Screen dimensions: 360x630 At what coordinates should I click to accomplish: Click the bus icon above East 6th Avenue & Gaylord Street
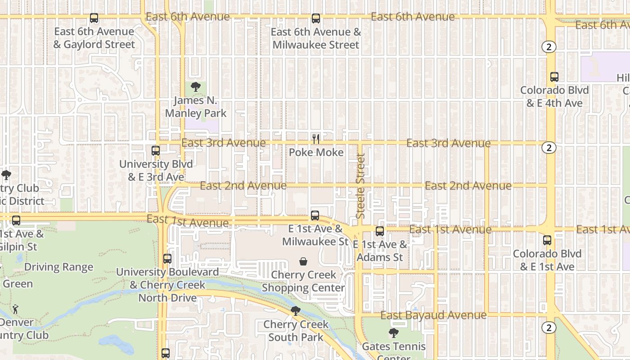(94, 18)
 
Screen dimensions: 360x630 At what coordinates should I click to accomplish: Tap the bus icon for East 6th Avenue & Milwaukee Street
(316, 18)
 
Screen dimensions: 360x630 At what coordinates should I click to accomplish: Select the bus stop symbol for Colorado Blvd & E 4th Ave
(554, 77)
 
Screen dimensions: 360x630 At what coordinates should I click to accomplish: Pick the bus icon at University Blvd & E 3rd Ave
(156, 151)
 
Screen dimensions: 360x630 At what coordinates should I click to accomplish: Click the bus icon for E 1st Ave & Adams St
(380, 231)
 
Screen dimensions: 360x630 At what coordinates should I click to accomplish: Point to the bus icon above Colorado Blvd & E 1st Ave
(547, 240)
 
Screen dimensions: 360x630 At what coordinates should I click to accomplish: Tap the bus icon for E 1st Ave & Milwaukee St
(315, 216)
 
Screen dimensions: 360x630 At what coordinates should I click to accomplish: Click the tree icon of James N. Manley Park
(195, 87)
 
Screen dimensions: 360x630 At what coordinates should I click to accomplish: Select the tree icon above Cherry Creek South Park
(296, 310)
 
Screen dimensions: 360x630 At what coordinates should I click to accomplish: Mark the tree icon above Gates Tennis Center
(394, 333)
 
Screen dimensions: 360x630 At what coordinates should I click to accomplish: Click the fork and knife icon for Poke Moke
(316, 139)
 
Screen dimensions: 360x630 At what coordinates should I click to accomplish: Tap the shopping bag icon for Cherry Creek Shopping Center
(304, 261)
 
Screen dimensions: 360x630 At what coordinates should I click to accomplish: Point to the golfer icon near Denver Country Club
(16, 309)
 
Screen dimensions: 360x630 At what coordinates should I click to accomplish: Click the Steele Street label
(360, 186)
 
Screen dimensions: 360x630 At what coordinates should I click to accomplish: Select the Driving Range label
(58, 267)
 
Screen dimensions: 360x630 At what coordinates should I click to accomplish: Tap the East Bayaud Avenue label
(433, 315)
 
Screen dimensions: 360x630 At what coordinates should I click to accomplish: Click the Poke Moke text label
(316, 153)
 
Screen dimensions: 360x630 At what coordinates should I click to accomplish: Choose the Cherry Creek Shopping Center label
(304, 281)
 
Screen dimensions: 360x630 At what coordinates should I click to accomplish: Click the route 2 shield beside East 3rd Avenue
(549, 148)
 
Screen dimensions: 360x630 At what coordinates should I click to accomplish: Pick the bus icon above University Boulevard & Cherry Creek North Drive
(167, 259)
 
